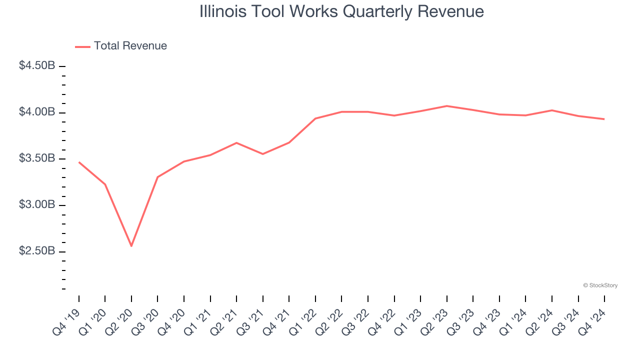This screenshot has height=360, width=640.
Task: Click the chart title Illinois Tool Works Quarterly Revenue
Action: click(341, 11)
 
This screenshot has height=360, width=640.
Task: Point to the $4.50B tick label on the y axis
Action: click(37, 65)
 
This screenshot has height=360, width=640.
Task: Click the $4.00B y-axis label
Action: click(37, 112)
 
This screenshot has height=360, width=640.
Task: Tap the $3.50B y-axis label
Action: click(37, 158)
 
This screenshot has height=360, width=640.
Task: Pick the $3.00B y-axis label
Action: click(37, 205)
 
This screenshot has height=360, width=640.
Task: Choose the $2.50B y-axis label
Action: click(37, 251)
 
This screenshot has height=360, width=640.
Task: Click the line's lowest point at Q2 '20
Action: click(131, 246)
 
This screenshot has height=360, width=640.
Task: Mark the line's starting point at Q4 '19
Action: click(79, 162)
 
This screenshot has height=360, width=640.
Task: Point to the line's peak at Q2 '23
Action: click(446, 106)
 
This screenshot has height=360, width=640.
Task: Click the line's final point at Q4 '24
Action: click(604, 119)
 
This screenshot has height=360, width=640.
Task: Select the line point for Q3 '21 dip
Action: click(263, 154)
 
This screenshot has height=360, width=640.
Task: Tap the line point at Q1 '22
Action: click(315, 118)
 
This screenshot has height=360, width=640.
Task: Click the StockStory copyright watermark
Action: click(600, 285)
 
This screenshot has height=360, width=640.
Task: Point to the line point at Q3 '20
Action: click(158, 177)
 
